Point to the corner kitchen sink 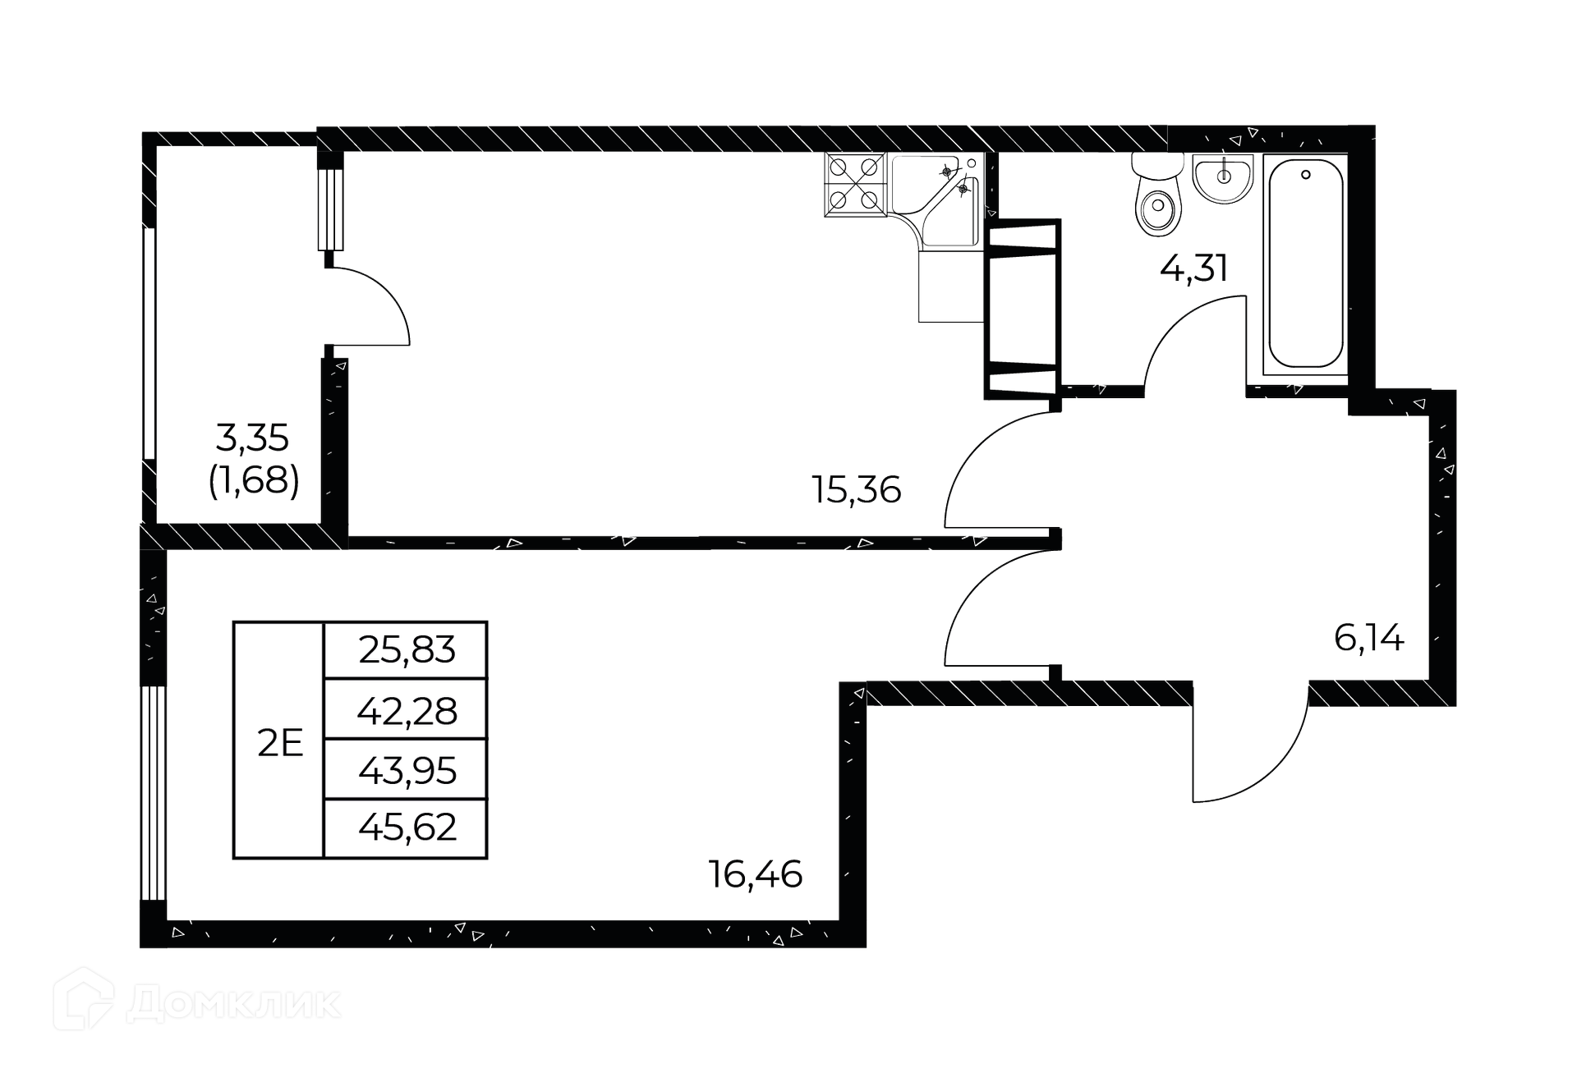pos(937,200)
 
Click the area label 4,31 pos(1193,268)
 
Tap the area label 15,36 pos(857,491)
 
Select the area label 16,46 pos(756,874)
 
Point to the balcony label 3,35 pos(252,438)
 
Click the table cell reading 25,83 pos(406,650)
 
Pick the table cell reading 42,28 pos(406,710)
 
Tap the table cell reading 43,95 pos(406,770)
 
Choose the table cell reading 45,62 pos(406,828)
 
